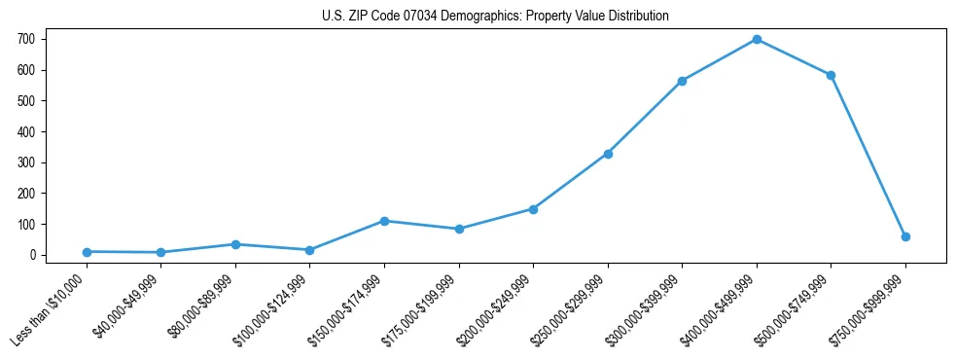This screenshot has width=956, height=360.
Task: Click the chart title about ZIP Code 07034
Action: pyautogui.click(x=495, y=17)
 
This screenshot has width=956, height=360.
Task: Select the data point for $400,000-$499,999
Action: pyautogui.click(x=757, y=40)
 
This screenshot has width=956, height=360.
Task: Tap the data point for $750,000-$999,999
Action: pyautogui.click(x=905, y=236)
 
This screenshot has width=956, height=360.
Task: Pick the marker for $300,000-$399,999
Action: pyautogui.click(x=682, y=81)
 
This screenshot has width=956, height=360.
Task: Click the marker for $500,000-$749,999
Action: pyautogui.click(x=831, y=75)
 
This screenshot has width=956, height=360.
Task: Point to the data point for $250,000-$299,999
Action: pyautogui.click(x=608, y=154)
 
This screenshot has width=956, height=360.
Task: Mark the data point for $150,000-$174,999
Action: pyautogui.click(x=384, y=221)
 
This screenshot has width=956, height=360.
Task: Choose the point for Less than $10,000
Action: pyautogui.click(x=87, y=252)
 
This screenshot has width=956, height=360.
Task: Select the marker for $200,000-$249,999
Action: pyautogui.click(x=533, y=209)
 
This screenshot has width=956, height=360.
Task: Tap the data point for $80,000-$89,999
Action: pyautogui.click(x=235, y=244)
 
